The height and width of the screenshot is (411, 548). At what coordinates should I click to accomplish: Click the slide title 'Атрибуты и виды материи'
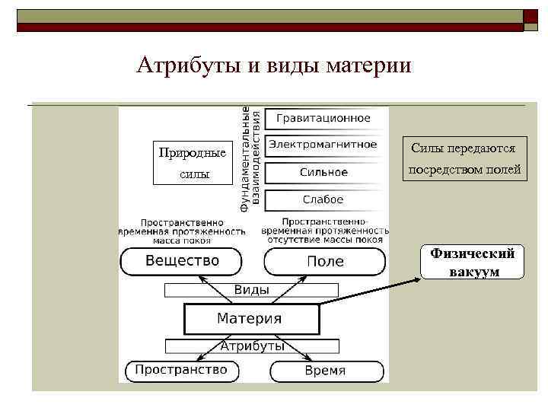273,65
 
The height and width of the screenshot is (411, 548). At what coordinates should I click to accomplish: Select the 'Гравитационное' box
323,118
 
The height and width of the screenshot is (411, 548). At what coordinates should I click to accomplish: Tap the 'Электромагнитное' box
323,145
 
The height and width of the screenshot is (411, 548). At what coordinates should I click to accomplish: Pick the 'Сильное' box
323,172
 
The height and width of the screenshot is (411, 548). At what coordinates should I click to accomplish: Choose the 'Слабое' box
323,199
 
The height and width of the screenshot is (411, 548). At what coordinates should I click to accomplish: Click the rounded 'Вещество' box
182,261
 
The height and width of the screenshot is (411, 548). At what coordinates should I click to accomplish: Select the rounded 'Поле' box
325,261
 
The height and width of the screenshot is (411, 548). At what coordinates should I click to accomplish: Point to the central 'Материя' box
250,319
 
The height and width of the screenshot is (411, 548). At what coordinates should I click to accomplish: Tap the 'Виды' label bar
250,290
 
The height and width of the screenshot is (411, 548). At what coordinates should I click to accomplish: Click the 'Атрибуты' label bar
252,346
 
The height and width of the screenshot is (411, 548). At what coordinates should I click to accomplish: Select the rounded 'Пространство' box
181,371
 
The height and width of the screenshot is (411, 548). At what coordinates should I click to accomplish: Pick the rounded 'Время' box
325,371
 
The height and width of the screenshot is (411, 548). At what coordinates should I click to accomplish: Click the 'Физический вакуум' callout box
472,263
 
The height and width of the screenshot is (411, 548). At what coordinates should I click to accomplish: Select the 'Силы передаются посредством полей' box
464,159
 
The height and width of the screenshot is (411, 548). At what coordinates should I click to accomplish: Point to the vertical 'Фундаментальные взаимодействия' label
250,158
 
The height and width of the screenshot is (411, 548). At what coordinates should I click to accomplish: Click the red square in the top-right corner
530,16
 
